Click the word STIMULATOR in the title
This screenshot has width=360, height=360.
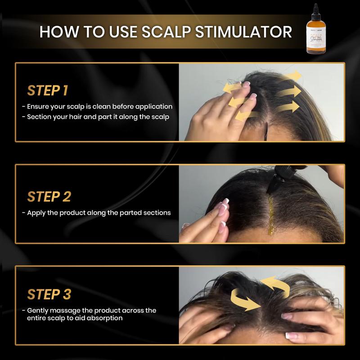pos(247,32)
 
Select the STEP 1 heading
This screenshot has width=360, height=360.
pos(48,90)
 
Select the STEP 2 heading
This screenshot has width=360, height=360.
pos(49,197)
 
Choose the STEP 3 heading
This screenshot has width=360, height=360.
pos(49,294)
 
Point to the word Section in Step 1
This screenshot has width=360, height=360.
pos(39,117)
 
